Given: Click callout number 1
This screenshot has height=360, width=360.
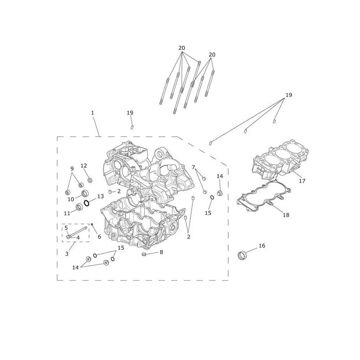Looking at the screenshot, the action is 93,113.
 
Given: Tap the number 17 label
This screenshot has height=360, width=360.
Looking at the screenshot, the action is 302,181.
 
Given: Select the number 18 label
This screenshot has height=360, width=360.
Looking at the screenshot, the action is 286,215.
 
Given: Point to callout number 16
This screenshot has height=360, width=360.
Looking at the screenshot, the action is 262,246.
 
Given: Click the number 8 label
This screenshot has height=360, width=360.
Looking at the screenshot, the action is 162,252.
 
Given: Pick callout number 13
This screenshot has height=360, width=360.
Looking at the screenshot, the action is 100,196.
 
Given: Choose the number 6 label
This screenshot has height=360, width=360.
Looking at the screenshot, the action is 99,237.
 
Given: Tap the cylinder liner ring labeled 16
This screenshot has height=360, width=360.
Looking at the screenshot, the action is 242,256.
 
